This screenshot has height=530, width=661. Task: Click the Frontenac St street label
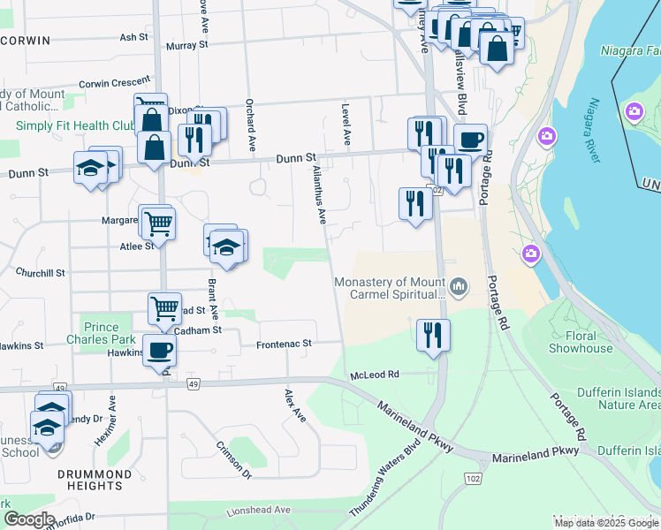tap(284, 344)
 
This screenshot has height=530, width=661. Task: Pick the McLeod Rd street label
tap(376, 375)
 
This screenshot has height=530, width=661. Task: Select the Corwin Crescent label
tap(115, 85)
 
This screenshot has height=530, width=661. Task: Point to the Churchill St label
tap(40, 273)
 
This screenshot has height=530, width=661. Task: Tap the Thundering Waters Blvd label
tap(383, 481)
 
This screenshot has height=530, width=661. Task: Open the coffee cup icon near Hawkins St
tap(159, 350)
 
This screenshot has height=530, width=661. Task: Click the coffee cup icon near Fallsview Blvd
tap(470, 139)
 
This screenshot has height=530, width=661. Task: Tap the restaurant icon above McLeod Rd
tap(432, 335)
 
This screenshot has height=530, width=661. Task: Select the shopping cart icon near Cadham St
tap(164, 308)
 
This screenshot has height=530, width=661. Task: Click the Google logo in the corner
tap(28, 519)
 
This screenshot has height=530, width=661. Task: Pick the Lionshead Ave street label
tap(257, 511)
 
